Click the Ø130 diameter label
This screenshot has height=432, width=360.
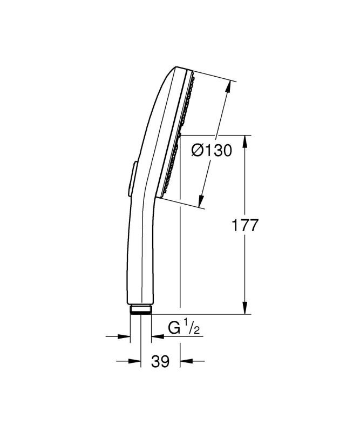212,151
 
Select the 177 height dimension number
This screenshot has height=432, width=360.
245,225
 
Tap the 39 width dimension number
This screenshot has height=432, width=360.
160,361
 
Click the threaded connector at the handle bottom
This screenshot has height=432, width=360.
140,309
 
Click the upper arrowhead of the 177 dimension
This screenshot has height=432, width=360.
245,142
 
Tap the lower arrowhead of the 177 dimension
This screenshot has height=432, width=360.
245,307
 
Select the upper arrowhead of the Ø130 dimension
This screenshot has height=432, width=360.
227,87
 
